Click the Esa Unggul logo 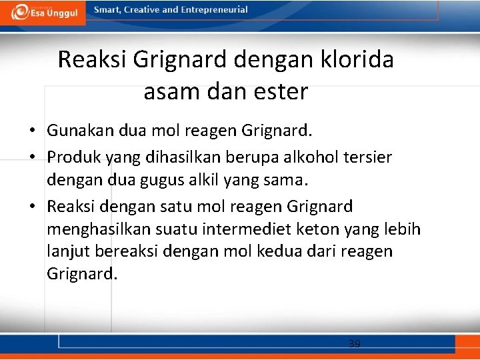[x=43, y=12]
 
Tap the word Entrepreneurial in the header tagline [x=215, y=10]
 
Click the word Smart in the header [x=109, y=10]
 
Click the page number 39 [x=354, y=344]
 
